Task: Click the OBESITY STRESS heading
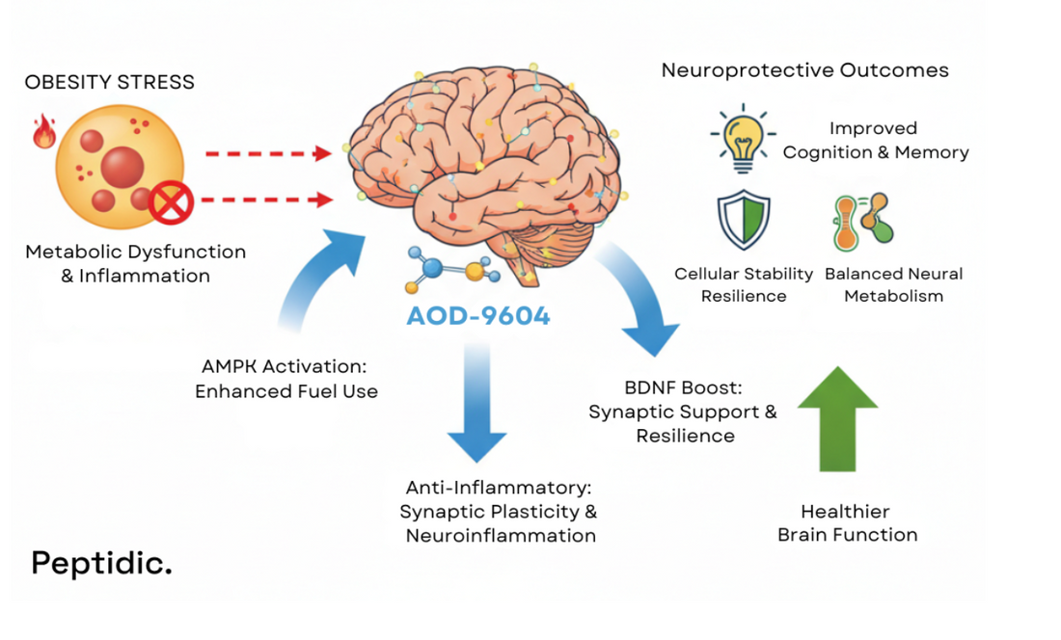[x=109, y=82]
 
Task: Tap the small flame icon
[x=43, y=132]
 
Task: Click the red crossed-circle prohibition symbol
[x=173, y=202]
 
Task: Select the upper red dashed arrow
[x=267, y=153]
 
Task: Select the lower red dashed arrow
[x=267, y=200]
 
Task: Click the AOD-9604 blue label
[x=477, y=316]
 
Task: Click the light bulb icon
[x=743, y=138]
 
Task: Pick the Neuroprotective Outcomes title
[x=804, y=70]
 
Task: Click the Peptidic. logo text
[x=101, y=564]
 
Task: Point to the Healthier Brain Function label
[x=847, y=523]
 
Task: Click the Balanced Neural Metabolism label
[x=893, y=285]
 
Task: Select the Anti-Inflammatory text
[x=500, y=489]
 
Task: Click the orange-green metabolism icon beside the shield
[x=862, y=222]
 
